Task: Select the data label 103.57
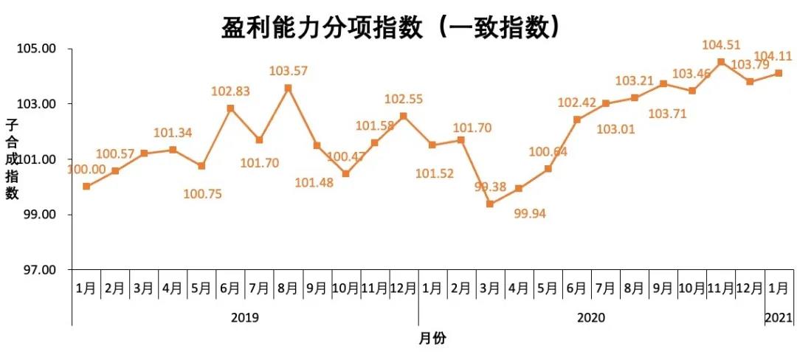click(x=289, y=72)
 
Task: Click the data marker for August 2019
click(x=288, y=88)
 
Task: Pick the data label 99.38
click(x=489, y=187)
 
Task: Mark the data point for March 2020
click(x=490, y=204)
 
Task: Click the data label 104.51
click(x=721, y=46)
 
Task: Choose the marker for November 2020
click(x=721, y=62)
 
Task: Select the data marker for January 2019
click(x=86, y=186)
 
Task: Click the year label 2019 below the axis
click(x=245, y=317)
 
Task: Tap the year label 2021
click(x=779, y=317)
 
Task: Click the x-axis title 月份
click(x=432, y=339)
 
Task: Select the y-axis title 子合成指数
click(x=12, y=159)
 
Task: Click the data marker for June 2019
click(x=230, y=108)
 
